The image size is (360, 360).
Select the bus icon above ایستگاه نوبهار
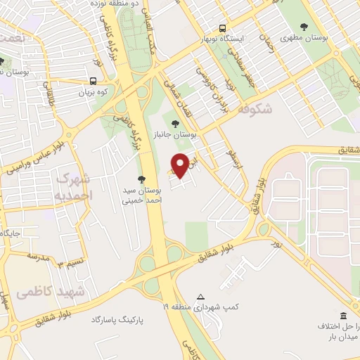point(222,29)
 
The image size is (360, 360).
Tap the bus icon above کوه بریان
point(94,81)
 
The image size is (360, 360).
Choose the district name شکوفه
point(255,110)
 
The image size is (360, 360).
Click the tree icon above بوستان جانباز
point(185,124)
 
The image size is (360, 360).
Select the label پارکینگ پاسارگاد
point(117,320)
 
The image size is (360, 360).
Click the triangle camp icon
point(200,297)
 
